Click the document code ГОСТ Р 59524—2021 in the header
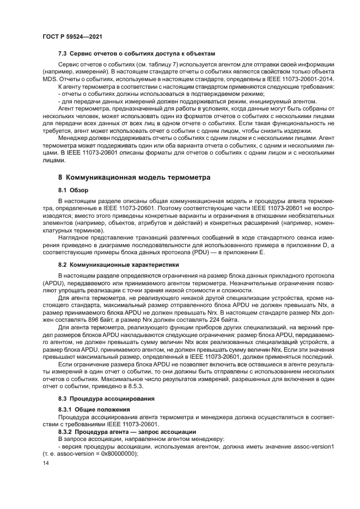click(72, 35)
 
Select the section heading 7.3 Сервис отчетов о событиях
click(137, 54)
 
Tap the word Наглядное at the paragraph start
click(75, 238)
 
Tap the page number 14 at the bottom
click(45, 463)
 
